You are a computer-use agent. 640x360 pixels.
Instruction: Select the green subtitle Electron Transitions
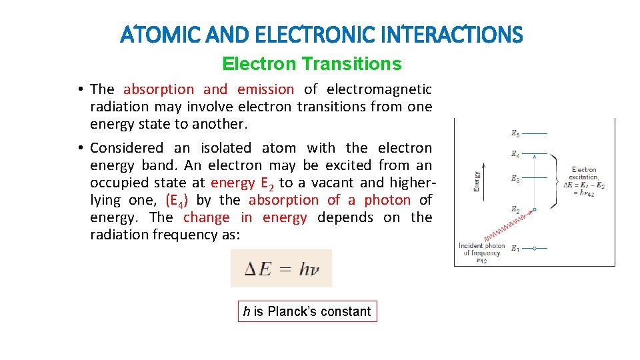[x=311, y=64]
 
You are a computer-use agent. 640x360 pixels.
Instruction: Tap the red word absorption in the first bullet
[x=159, y=89]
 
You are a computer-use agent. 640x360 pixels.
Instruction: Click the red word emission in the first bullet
[x=265, y=89]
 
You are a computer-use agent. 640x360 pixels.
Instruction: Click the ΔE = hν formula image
[x=281, y=269]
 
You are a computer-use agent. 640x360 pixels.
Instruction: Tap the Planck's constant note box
[x=307, y=311]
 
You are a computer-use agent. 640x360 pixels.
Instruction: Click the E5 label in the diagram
[x=515, y=134]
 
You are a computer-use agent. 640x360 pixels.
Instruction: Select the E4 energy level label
[x=515, y=154]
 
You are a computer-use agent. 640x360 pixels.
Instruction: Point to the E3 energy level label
[x=515, y=179]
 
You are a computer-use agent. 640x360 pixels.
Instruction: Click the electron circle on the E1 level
[x=535, y=249]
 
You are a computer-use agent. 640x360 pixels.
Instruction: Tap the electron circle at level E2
[x=535, y=209]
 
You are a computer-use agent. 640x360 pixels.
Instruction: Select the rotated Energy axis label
[x=477, y=181]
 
